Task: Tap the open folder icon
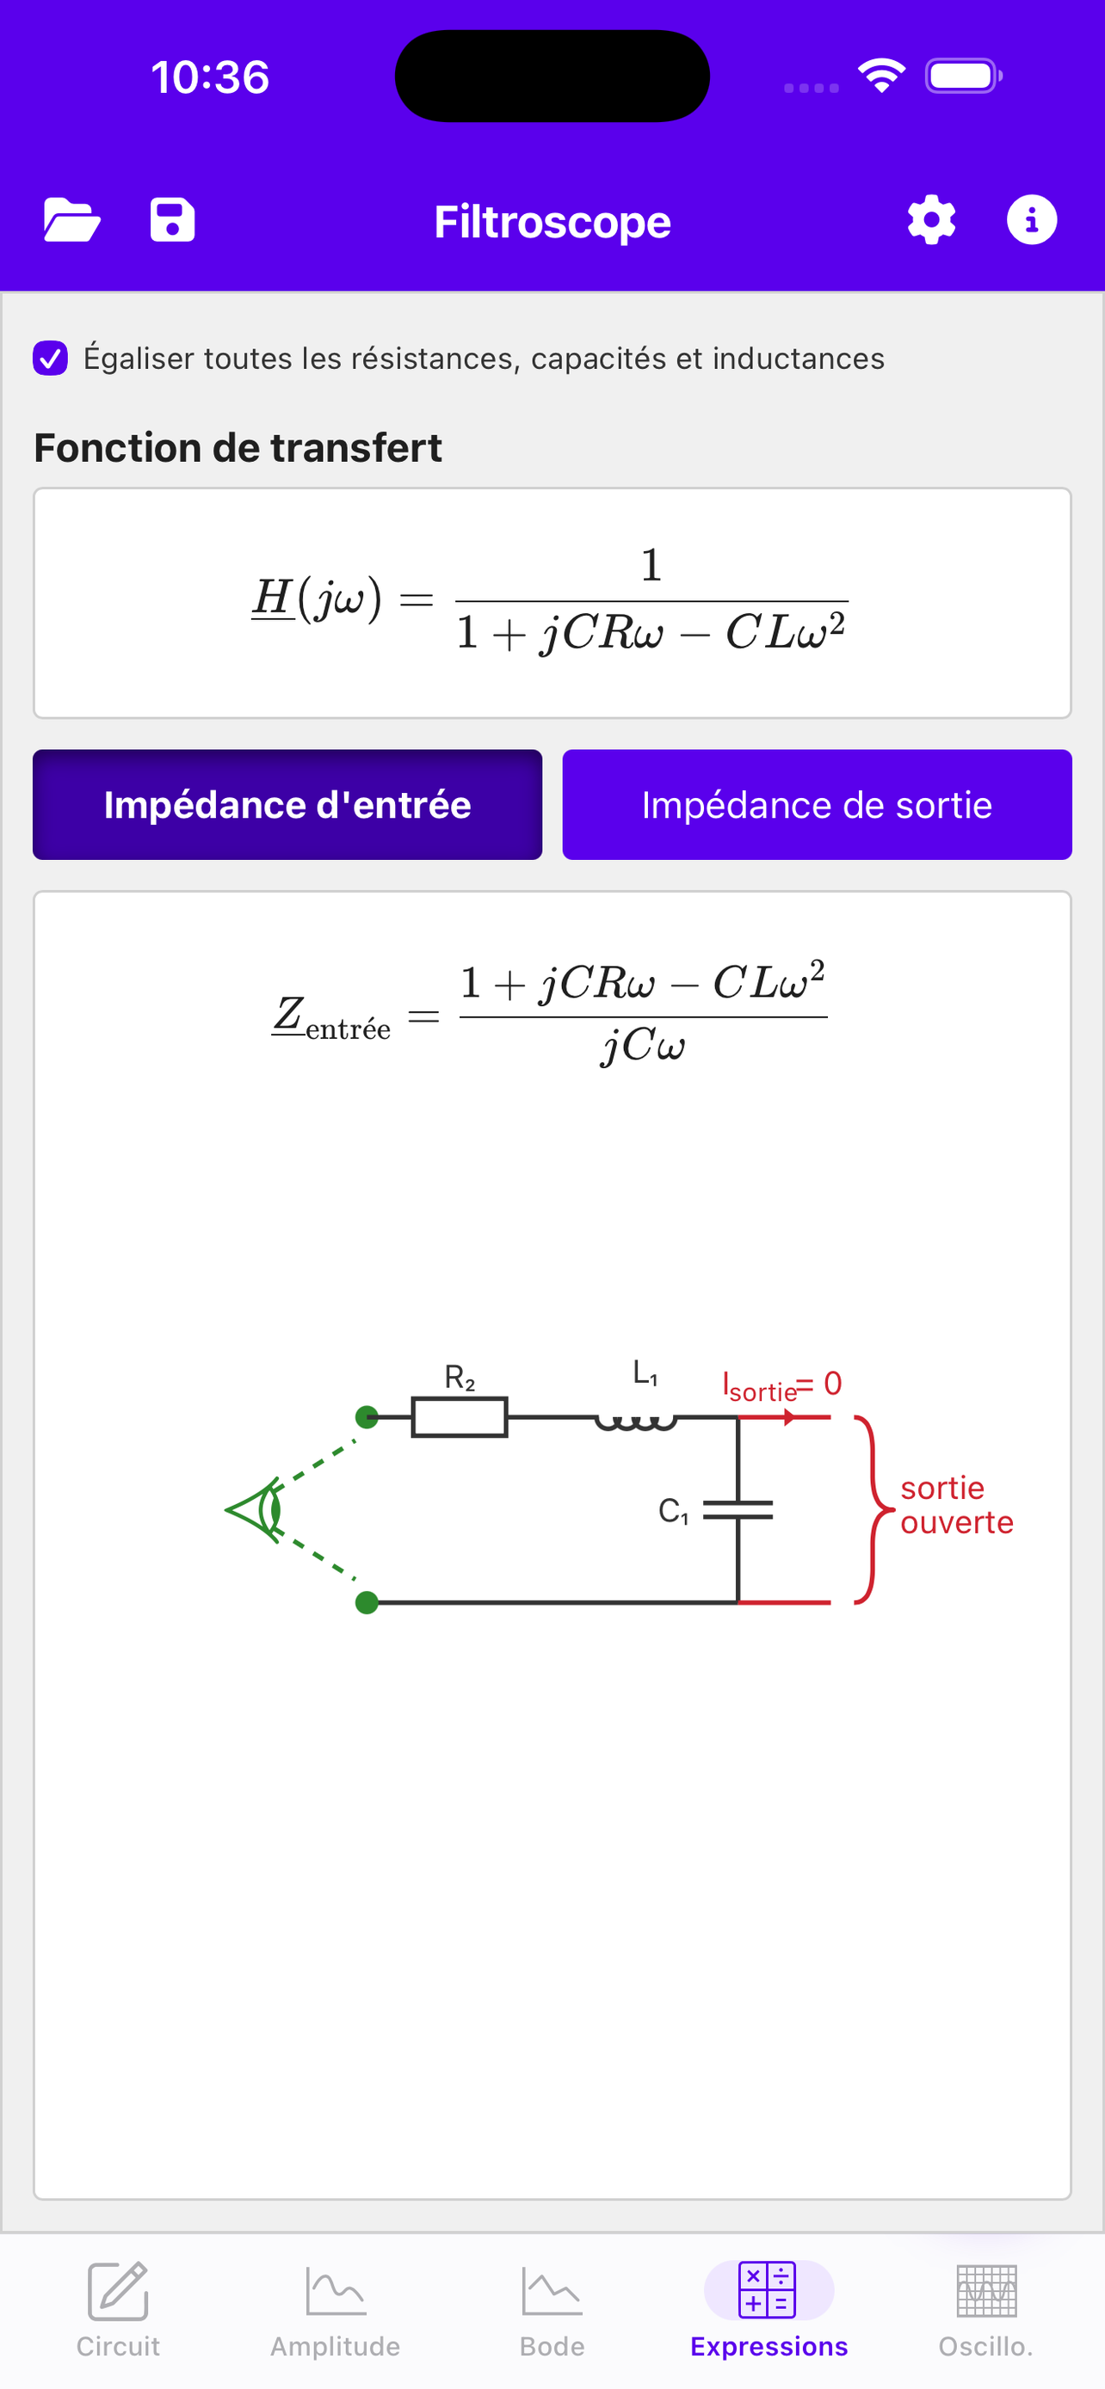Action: pyautogui.click(x=72, y=221)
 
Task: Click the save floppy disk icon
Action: pyautogui.click(x=173, y=220)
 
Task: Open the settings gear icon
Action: pyautogui.click(x=931, y=220)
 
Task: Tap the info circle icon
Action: pyautogui.click(x=1032, y=220)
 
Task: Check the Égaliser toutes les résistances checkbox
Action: pyautogui.click(x=50, y=358)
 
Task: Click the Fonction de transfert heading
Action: pyautogui.click(x=238, y=447)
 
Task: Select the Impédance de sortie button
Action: pyautogui.click(x=818, y=805)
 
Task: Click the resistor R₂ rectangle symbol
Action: pyautogui.click(x=460, y=1417)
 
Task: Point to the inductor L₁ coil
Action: pyautogui.click(x=635, y=1421)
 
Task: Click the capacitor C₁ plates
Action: pyautogui.click(x=738, y=1511)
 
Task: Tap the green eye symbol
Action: pyautogui.click(x=255, y=1510)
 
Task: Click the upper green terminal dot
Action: pyautogui.click(x=367, y=1417)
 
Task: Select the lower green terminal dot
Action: pyautogui.click(x=367, y=1603)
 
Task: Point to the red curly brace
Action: pyautogui.click(x=872, y=1509)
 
